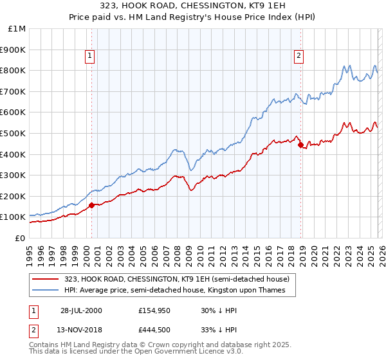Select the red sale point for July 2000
coord(91,206)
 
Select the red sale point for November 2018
coord(300,145)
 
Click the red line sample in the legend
coord(46,279)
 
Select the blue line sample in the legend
coord(46,291)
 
